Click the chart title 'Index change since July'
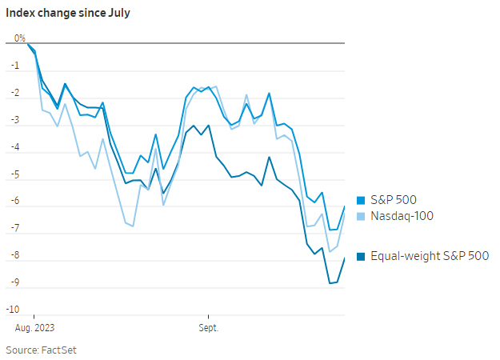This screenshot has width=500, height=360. click(x=68, y=13)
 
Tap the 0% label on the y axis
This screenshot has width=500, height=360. click(x=20, y=38)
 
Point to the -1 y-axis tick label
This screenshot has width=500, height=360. click(x=15, y=66)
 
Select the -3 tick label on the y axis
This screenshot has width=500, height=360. click(x=15, y=120)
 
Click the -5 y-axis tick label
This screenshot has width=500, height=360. click(x=15, y=174)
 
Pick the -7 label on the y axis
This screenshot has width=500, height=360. click(x=15, y=228)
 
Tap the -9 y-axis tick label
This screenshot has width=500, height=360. click(x=15, y=282)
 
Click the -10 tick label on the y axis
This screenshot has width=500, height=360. click(x=13, y=310)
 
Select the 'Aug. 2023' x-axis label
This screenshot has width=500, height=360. click(x=34, y=328)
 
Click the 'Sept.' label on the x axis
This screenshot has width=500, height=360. click(x=209, y=328)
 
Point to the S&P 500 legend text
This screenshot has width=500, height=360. click(x=394, y=200)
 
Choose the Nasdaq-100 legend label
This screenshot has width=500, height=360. click(x=402, y=216)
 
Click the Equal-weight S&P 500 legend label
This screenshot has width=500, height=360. click(x=430, y=256)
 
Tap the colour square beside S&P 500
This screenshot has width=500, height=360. click(x=361, y=200)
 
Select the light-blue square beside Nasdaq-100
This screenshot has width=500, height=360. click(x=361, y=217)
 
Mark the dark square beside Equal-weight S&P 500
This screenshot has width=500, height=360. click(x=361, y=256)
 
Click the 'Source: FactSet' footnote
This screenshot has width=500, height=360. click(x=41, y=350)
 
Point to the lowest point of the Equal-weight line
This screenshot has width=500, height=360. click(x=330, y=283)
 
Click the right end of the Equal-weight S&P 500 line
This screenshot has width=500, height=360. click(x=344, y=258)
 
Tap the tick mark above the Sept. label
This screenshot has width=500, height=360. click(x=208, y=317)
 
